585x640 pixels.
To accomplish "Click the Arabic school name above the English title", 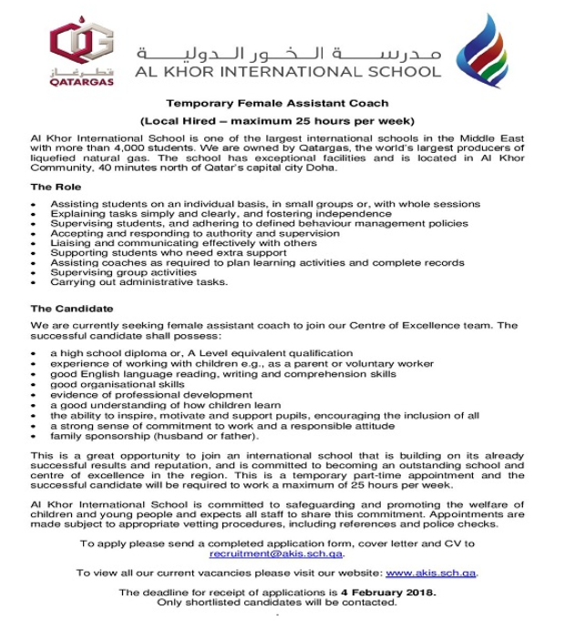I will coord(289,51).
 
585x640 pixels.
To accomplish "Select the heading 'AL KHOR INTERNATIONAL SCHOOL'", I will coord(289,71).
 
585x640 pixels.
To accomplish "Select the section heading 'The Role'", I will coord(56,187).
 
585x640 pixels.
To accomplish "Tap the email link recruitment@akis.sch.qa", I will coord(277,554).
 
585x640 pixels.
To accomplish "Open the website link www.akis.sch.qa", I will coord(431,573).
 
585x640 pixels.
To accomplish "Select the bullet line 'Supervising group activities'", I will coord(123,272).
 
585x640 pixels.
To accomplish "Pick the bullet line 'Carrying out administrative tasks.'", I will coord(139,282).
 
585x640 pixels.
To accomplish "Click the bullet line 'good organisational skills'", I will coord(116,384).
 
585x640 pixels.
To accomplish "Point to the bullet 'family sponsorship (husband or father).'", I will coord(148,436).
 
